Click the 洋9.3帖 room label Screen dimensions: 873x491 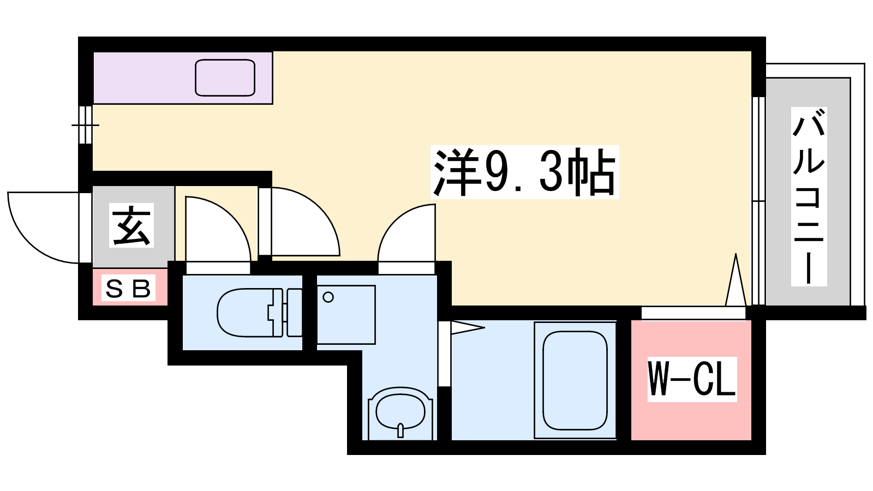pos(524,172)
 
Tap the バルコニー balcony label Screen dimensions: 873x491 pos(809,196)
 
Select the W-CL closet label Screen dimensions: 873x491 pos(692,379)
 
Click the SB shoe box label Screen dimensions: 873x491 pos(128,288)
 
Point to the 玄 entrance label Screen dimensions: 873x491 pos(131,225)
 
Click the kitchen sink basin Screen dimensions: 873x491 pos(225,77)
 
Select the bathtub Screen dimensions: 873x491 pos(575,380)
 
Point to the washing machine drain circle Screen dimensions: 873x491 pos(328,297)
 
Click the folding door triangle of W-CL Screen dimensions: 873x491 pos(736,279)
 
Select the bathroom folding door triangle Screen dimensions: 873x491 pos(468,327)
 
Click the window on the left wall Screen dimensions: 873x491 pos(85,125)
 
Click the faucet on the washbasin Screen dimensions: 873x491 pos(400,430)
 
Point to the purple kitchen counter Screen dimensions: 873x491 pos(183,78)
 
